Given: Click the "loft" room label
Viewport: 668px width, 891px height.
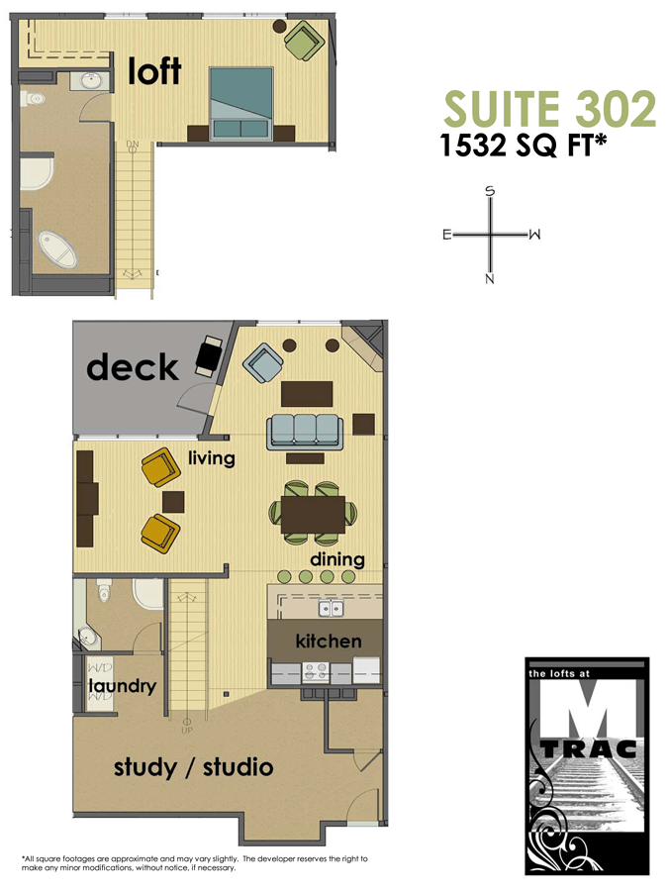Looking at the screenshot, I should click(155, 70).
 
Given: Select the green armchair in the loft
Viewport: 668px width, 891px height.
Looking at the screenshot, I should click(302, 41).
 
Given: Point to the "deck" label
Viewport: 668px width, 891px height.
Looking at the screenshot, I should click(133, 367).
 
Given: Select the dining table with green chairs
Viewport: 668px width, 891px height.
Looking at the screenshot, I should click(313, 513).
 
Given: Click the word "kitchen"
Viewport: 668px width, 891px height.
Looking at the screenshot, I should click(329, 642).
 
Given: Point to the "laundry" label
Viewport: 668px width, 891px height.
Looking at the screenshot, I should click(123, 686).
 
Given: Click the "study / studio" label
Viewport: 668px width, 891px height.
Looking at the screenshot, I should click(193, 767).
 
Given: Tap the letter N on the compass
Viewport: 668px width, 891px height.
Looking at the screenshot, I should click(490, 279).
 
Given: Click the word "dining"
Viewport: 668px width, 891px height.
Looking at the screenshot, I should click(337, 560).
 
